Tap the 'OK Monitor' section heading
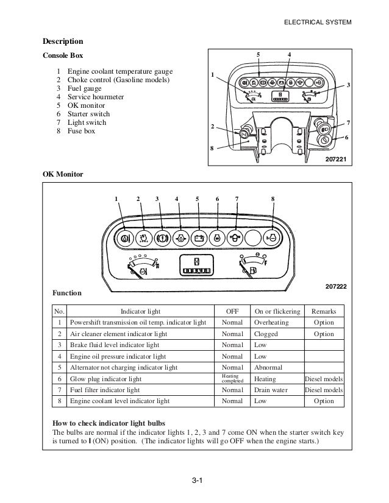pyautogui.click(x=63, y=174)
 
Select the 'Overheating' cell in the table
pyautogui.click(x=272, y=322)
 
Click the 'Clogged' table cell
pyautogui.click(x=266, y=334)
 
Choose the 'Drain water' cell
pyautogui.click(x=272, y=390)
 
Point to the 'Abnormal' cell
pyautogui.click(x=268, y=367)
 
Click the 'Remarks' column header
pyautogui.click(x=324, y=311)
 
